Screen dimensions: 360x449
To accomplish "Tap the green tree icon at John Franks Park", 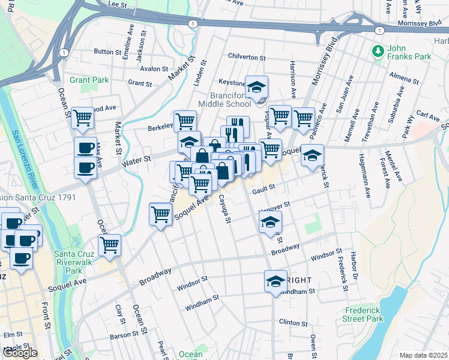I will (x=379, y=52).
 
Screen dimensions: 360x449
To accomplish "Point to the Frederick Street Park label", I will (x=364, y=315).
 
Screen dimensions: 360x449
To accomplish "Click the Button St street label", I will (x=107, y=52).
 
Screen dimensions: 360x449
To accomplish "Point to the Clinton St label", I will (x=294, y=322).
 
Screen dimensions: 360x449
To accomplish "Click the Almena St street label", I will (x=402, y=79).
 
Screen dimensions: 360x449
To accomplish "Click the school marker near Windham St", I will (x=276, y=281).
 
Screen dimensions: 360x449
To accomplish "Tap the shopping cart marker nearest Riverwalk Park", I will (x=109, y=245).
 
